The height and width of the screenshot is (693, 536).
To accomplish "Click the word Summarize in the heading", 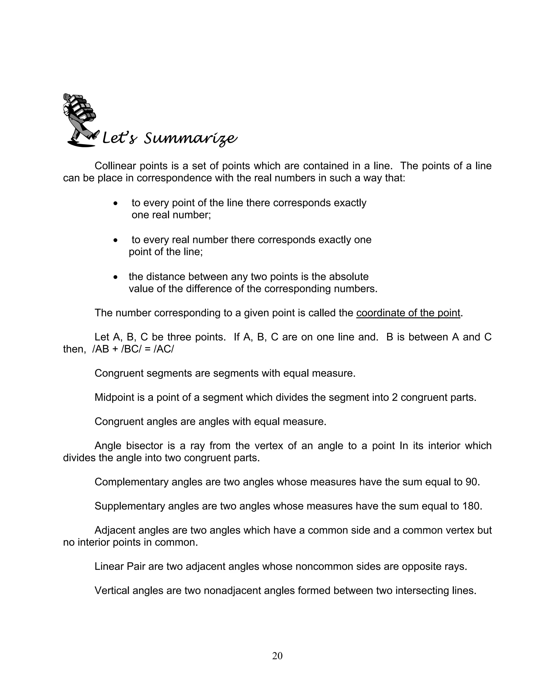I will (x=190, y=139).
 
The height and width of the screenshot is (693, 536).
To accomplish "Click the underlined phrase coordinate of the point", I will (x=408, y=313).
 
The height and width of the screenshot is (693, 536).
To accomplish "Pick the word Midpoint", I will (x=114, y=397).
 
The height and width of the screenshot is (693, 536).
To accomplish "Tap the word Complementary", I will (x=131, y=482).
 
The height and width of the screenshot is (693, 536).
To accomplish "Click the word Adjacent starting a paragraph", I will (x=115, y=530).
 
